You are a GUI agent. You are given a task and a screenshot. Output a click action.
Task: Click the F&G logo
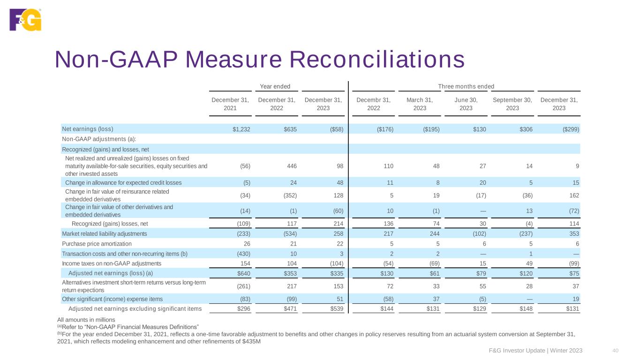(x=25, y=20)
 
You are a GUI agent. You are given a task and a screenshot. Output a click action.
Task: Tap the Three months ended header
(x=466, y=86)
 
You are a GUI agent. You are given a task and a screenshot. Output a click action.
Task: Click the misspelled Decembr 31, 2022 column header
(x=373, y=104)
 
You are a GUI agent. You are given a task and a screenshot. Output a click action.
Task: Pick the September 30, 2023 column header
(x=512, y=104)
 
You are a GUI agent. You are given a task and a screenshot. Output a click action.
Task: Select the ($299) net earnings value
(x=570, y=129)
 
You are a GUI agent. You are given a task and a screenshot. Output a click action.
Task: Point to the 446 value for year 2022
(x=291, y=166)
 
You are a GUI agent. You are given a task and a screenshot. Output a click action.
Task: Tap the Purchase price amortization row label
(x=97, y=244)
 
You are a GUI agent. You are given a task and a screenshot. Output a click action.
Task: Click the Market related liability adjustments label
(x=104, y=233)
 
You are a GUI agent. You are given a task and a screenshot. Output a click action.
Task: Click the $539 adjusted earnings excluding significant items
(x=335, y=308)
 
